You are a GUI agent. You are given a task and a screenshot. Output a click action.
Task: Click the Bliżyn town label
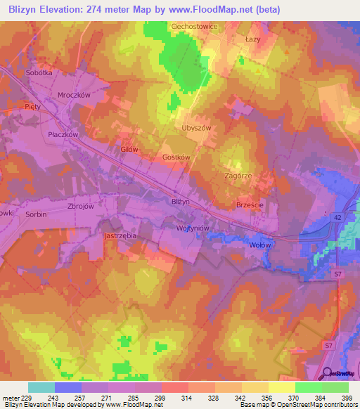181,201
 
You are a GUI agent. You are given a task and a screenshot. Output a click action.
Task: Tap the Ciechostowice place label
195,26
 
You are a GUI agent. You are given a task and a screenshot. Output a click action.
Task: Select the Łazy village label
253,39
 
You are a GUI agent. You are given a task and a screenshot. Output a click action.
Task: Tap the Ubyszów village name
196,128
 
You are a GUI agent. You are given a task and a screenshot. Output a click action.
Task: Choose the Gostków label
176,158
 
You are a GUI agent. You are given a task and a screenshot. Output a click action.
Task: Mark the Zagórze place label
238,176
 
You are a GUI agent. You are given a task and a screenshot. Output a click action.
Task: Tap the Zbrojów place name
80,207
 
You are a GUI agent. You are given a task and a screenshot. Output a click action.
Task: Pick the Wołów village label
260,245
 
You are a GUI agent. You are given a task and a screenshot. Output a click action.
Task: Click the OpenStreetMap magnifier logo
326,375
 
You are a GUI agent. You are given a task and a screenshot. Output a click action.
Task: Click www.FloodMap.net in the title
214,10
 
